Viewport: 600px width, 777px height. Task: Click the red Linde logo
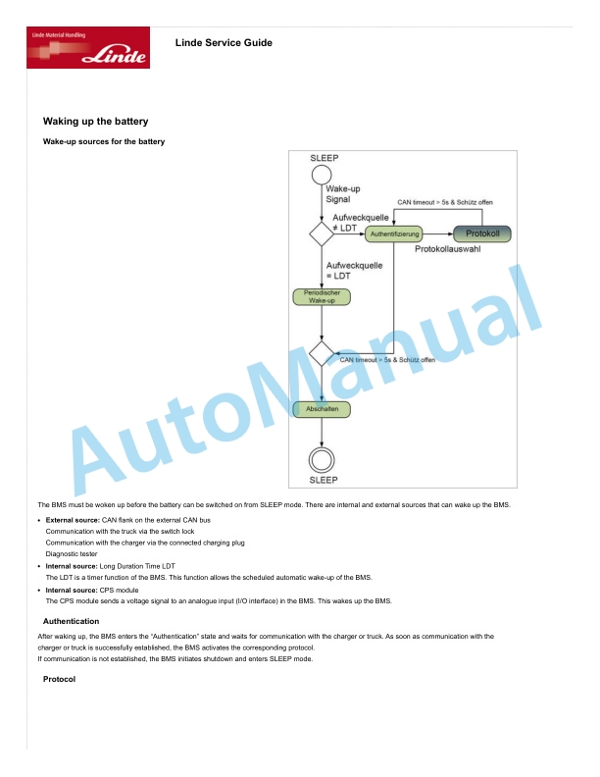tap(88, 47)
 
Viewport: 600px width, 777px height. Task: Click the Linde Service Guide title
tap(224, 43)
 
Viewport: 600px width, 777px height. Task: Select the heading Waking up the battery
tap(95, 122)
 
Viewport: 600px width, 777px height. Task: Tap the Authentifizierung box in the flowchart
tap(394, 233)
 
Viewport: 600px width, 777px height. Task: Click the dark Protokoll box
tap(482, 233)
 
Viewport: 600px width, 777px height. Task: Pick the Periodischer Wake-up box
tap(322, 297)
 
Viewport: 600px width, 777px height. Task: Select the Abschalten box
tap(322, 409)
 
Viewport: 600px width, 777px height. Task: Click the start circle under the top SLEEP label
tap(322, 175)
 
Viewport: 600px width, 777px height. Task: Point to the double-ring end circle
tap(322, 448)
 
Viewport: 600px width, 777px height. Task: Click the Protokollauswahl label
tap(447, 249)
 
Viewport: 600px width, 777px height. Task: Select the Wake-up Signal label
tap(342, 193)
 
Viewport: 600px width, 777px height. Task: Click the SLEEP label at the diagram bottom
tap(324, 480)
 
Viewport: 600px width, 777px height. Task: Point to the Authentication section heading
tap(71, 621)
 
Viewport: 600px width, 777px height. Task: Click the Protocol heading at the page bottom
tap(59, 679)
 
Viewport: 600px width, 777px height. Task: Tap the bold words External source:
tap(73, 520)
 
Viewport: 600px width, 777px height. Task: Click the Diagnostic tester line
tap(72, 554)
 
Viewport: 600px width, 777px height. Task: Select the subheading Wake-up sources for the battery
tap(104, 141)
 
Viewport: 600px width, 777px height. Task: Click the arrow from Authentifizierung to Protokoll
tap(438, 233)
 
